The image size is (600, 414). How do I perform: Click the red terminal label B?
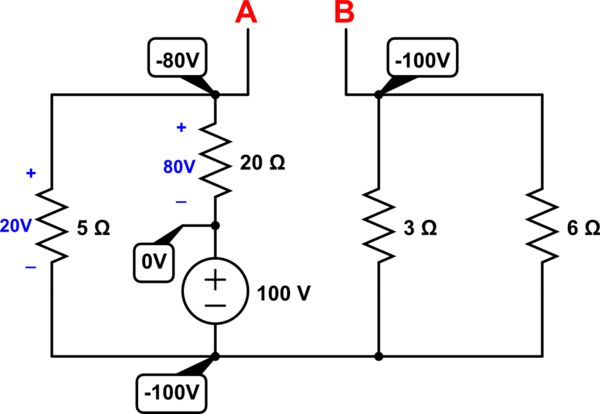(344, 13)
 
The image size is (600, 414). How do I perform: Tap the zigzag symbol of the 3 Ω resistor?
(378, 228)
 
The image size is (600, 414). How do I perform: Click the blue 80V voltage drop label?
(180, 166)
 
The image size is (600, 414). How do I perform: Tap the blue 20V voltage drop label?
(17, 227)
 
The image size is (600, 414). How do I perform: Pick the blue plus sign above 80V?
(181, 128)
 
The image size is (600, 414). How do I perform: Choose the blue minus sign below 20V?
(30, 267)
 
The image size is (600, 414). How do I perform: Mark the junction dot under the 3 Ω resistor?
(378, 355)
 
